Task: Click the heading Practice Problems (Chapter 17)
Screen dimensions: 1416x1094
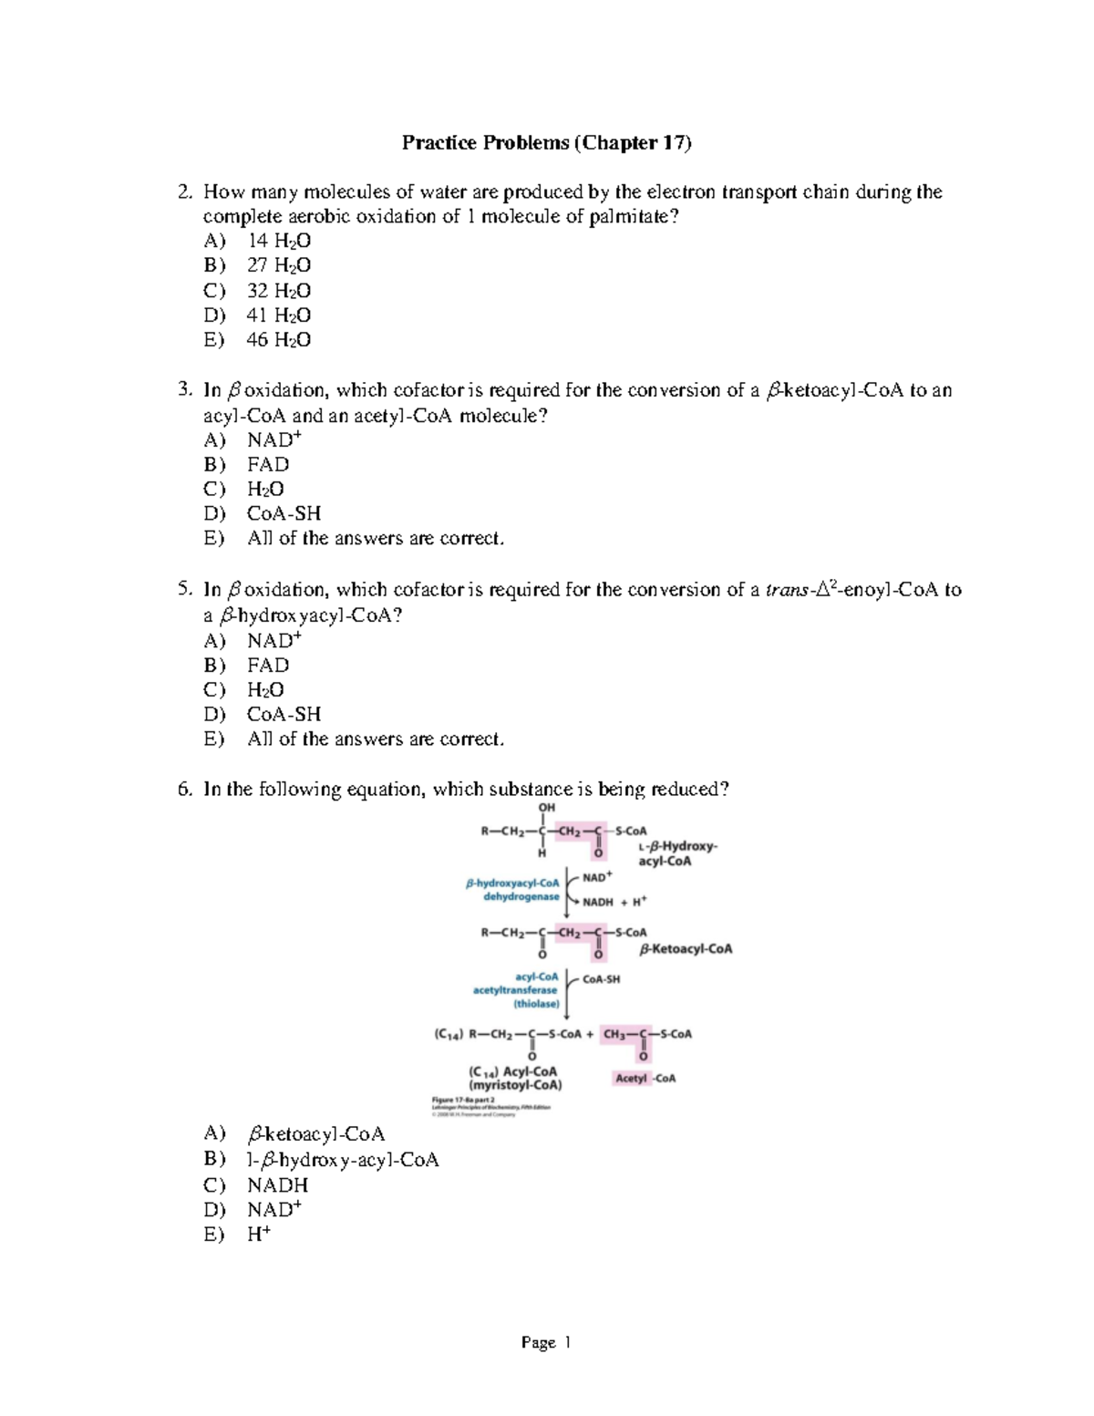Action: click(547, 142)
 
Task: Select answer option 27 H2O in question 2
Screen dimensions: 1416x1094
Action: click(278, 265)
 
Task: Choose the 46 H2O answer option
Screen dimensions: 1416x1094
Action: click(278, 340)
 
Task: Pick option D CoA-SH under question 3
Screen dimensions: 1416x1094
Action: click(284, 513)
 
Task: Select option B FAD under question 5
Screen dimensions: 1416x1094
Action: click(268, 665)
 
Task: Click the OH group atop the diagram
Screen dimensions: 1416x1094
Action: click(546, 808)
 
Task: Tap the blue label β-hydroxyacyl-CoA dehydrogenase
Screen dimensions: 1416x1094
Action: click(513, 890)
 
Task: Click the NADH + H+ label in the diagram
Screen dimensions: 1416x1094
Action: click(614, 902)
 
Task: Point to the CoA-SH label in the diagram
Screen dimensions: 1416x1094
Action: click(601, 979)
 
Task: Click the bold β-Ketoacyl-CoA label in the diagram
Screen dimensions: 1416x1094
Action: click(686, 949)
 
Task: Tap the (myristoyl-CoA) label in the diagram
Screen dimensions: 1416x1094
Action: click(515, 1085)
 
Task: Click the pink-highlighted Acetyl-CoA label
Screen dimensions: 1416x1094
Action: click(645, 1078)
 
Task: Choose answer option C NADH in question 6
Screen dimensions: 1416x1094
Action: click(277, 1185)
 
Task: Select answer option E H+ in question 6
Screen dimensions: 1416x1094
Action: click(259, 1235)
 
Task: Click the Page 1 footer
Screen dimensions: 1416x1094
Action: click(546, 1342)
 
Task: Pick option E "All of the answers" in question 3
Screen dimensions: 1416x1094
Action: click(375, 539)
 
